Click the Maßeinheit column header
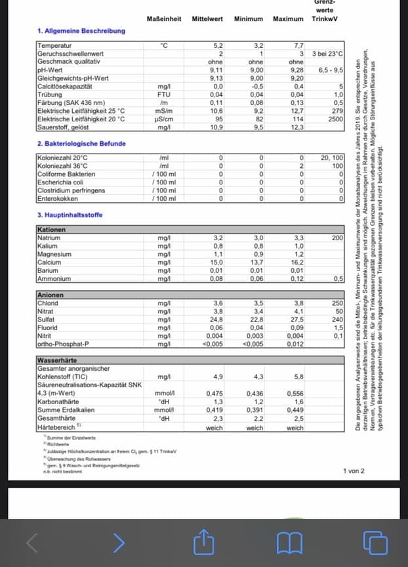[164, 19]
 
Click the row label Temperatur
[55, 46]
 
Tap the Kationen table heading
[52, 230]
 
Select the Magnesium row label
[54, 254]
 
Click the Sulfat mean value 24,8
[218, 319]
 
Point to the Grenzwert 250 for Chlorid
[338, 303]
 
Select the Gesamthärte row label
[56, 419]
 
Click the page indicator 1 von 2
[353, 471]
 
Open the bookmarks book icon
[288, 541]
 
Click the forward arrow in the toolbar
[118, 541]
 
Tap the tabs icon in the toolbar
[375, 541]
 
